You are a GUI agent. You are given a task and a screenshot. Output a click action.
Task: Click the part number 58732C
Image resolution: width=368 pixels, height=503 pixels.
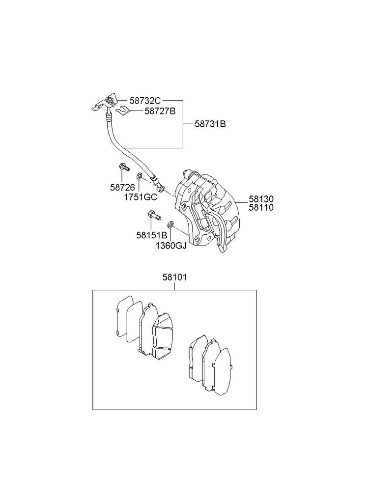(145, 101)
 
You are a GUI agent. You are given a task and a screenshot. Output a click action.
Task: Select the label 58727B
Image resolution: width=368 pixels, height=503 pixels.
(160, 112)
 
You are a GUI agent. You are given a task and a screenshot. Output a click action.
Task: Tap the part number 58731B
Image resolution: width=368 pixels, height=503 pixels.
(210, 124)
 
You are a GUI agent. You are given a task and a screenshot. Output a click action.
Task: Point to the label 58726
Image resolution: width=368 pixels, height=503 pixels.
(122, 187)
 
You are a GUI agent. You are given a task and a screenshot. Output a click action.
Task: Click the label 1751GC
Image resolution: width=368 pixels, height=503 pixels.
(140, 197)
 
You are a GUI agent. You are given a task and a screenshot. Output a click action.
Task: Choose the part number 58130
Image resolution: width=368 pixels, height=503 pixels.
(261, 199)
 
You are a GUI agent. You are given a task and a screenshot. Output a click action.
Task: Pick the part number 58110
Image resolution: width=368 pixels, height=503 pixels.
(261, 208)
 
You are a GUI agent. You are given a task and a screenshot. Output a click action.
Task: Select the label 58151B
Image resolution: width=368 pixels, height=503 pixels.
(152, 235)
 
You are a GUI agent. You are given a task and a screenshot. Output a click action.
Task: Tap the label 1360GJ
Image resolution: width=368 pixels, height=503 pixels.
(170, 246)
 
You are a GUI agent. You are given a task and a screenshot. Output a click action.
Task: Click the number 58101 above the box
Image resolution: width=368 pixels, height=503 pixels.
(174, 278)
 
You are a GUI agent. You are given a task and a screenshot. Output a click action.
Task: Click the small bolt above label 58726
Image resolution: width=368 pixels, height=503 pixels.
(123, 168)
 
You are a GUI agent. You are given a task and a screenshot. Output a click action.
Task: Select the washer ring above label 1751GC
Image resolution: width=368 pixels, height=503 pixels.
(140, 176)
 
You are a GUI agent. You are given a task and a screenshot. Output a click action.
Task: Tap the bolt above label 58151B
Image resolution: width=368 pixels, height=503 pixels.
(153, 215)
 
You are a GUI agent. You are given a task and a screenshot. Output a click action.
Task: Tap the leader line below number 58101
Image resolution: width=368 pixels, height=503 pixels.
(174, 286)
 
